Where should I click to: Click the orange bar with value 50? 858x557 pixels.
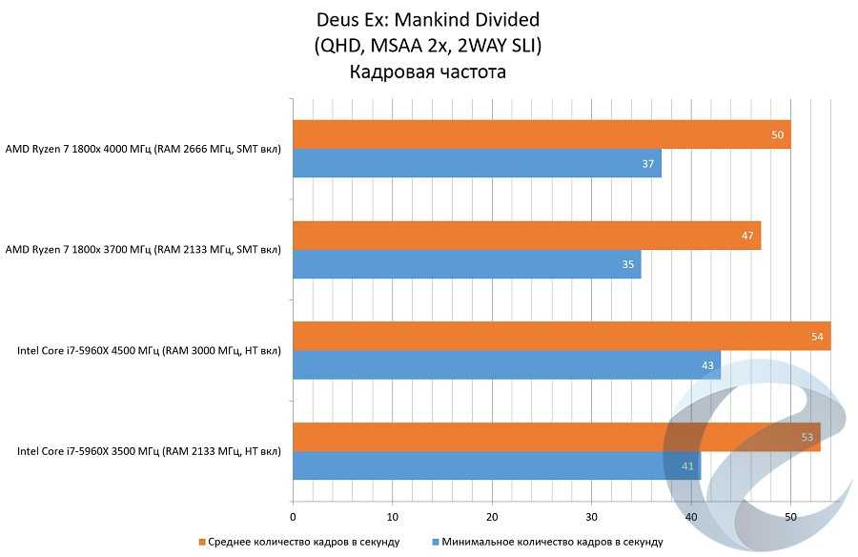(x=541, y=134)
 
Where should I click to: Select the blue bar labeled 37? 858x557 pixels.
(x=477, y=163)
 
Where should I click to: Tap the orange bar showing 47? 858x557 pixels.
(x=526, y=236)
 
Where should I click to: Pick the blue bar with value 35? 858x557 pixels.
(x=467, y=264)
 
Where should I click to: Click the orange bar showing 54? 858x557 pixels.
(x=562, y=336)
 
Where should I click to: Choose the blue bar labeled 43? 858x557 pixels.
(x=506, y=365)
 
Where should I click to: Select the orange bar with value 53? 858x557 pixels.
(x=557, y=437)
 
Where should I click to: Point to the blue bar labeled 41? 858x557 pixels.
(x=497, y=465)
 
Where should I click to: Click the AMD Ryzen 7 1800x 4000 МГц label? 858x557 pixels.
(x=143, y=149)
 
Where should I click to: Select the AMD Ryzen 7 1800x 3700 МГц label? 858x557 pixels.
(x=143, y=250)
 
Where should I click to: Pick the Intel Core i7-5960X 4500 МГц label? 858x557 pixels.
(x=149, y=351)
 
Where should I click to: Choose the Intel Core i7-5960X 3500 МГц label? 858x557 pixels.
(x=149, y=451)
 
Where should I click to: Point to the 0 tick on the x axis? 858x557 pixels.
(x=293, y=517)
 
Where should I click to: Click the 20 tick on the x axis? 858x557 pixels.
(x=492, y=517)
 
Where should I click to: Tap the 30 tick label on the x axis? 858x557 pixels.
(x=591, y=517)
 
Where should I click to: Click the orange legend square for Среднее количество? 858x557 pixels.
(x=202, y=542)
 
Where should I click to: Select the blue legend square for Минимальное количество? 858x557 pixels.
(x=435, y=542)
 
